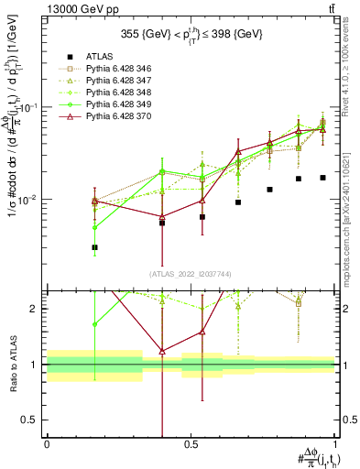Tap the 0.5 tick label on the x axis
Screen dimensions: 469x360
coord(191,442)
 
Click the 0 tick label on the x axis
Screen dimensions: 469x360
coord(47,442)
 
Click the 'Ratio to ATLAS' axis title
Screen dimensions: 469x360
coord(11,366)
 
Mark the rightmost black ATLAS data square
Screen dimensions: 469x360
coord(322,178)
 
